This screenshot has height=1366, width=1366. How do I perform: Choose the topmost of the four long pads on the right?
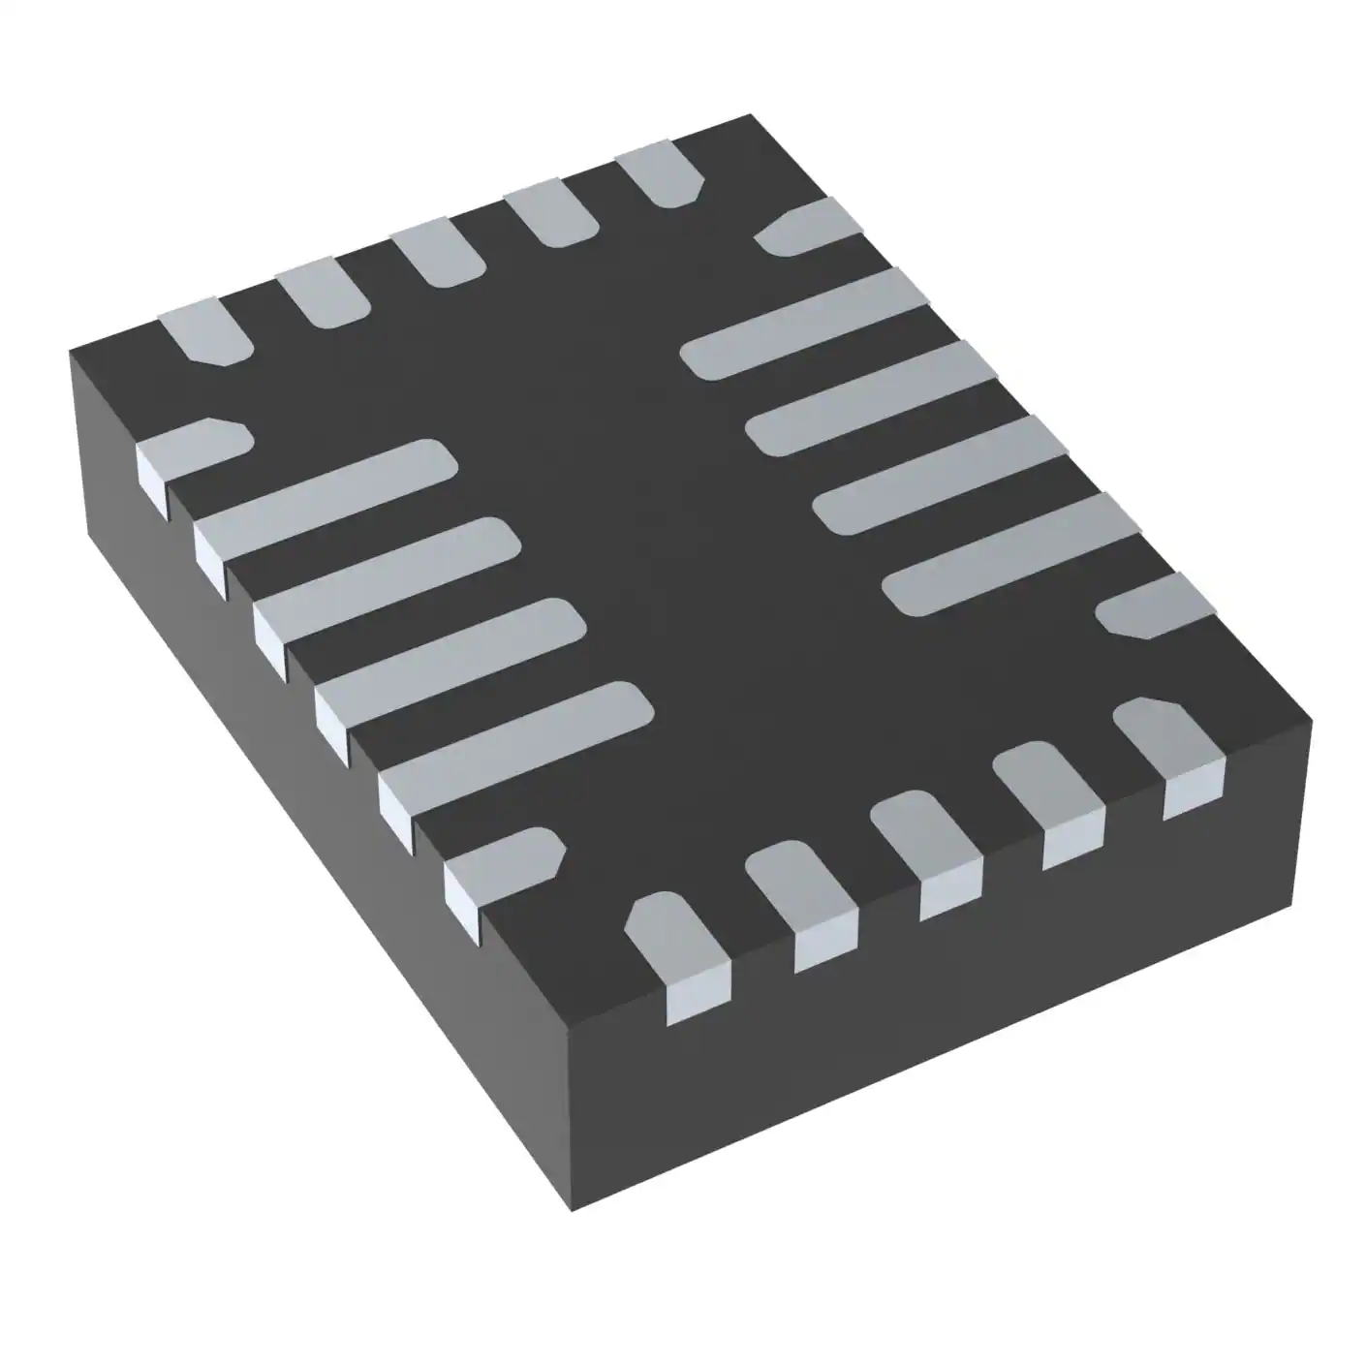tap(804, 325)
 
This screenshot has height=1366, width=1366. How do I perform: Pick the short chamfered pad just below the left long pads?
tap(504, 867)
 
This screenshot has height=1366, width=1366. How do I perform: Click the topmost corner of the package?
tap(750, 115)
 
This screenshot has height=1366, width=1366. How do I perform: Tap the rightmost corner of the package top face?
tap(1311, 720)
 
